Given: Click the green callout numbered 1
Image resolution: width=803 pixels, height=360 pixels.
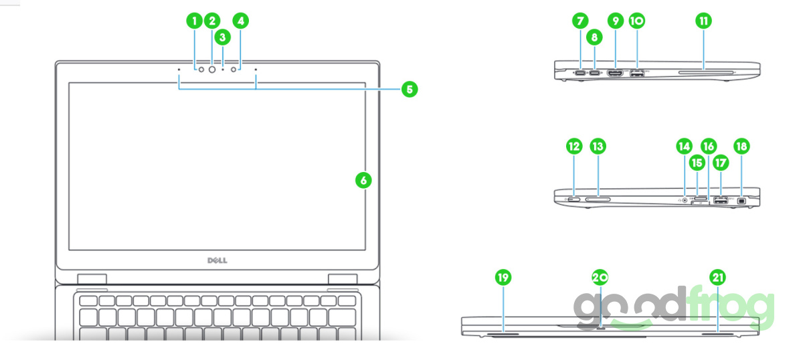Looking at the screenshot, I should (195, 21).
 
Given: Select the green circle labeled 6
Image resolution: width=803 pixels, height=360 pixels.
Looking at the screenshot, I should (362, 180).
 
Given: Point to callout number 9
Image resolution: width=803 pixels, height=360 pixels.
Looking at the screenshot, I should (615, 21).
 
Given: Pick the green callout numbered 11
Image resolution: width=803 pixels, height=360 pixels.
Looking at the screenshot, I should (703, 21).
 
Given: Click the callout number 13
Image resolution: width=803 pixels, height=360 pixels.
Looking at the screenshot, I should (598, 146).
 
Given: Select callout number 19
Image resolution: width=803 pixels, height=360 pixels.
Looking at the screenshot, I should (503, 276).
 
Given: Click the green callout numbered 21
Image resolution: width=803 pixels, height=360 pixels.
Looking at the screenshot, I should (718, 276).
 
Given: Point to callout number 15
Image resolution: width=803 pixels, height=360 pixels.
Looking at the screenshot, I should (697, 162).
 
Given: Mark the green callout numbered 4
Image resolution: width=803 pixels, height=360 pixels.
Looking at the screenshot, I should (242, 21).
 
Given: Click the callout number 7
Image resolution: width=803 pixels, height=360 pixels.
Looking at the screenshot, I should (580, 21).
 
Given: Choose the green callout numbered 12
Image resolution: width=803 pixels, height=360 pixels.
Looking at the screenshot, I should (573, 146).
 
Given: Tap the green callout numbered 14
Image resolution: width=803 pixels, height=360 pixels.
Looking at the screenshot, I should (683, 146).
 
